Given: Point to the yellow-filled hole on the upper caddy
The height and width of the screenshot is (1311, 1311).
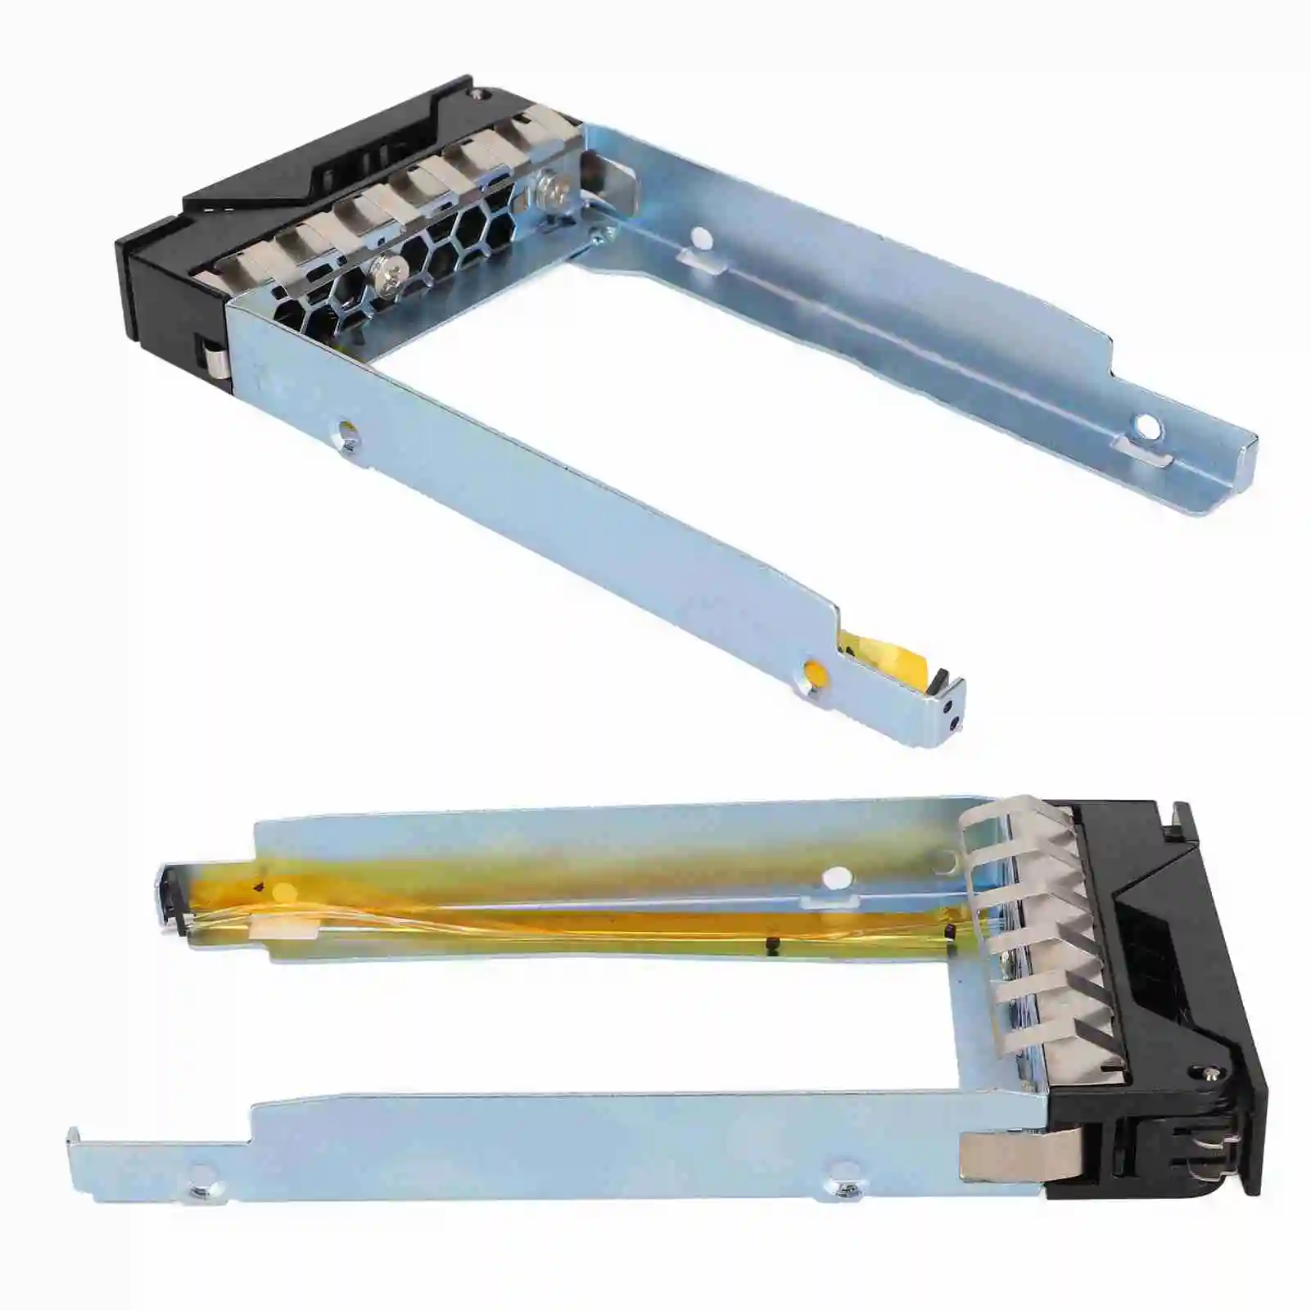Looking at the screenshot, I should point(814,674).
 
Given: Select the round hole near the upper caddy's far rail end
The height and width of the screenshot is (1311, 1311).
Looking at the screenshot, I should point(1146,426).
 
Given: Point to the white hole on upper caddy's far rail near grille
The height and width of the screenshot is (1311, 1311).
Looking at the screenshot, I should point(701,237).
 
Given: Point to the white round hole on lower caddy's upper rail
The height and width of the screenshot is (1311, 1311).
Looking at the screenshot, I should point(834,876).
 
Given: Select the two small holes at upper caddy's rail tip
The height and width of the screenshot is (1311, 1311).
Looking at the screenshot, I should point(952,713).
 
